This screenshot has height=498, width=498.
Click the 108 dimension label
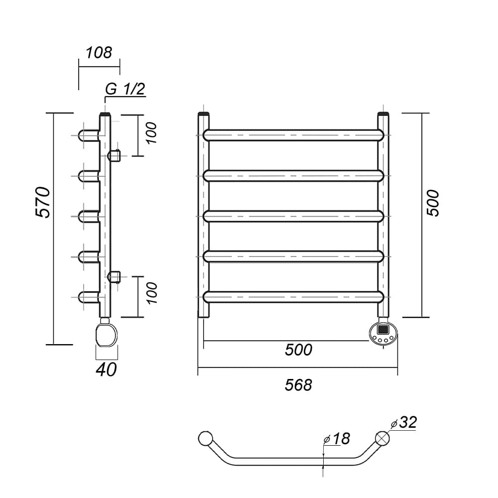99,53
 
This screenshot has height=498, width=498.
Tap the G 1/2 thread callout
125,89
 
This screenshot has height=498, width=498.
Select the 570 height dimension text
43,202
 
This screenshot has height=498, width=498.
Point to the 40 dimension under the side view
106,370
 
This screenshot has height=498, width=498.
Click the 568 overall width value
298,385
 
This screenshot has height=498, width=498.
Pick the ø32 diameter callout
404,422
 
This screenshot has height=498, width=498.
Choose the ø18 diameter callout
336,439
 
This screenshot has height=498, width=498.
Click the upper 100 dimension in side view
152,133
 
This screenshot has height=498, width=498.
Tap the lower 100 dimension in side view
152,293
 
